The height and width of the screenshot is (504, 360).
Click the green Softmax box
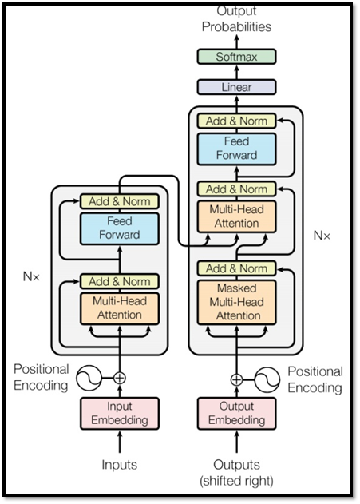tap(236, 57)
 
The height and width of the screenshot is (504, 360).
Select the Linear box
tap(236, 87)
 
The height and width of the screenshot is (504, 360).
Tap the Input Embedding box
tap(120, 414)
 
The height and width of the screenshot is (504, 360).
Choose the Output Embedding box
tap(237, 414)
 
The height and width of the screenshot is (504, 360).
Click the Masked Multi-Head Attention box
tap(237, 302)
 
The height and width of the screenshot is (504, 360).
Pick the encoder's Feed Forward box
tap(120, 228)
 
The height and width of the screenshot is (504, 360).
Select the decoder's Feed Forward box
tap(237, 149)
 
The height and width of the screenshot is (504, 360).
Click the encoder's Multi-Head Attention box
tap(120, 308)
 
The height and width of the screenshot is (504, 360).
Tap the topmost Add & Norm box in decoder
tap(237, 121)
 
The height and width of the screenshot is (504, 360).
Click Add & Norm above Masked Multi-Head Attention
tap(237, 268)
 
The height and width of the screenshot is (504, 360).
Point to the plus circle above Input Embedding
tap(120, 378)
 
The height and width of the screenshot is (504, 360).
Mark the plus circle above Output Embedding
tap(237, 380)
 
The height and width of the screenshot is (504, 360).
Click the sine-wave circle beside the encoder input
tap(89, 378)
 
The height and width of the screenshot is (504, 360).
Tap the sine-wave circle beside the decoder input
tap(267, 380)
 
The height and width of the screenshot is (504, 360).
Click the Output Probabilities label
tap(237, 19)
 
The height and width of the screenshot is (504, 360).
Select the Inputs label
tap(120, 465)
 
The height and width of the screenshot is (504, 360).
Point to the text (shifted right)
tap(237, 481)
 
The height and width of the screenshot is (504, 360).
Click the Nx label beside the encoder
tap(31, 276)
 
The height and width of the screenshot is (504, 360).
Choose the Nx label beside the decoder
tap(322, 236)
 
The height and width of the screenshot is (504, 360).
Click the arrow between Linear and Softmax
tap(237, 72)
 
